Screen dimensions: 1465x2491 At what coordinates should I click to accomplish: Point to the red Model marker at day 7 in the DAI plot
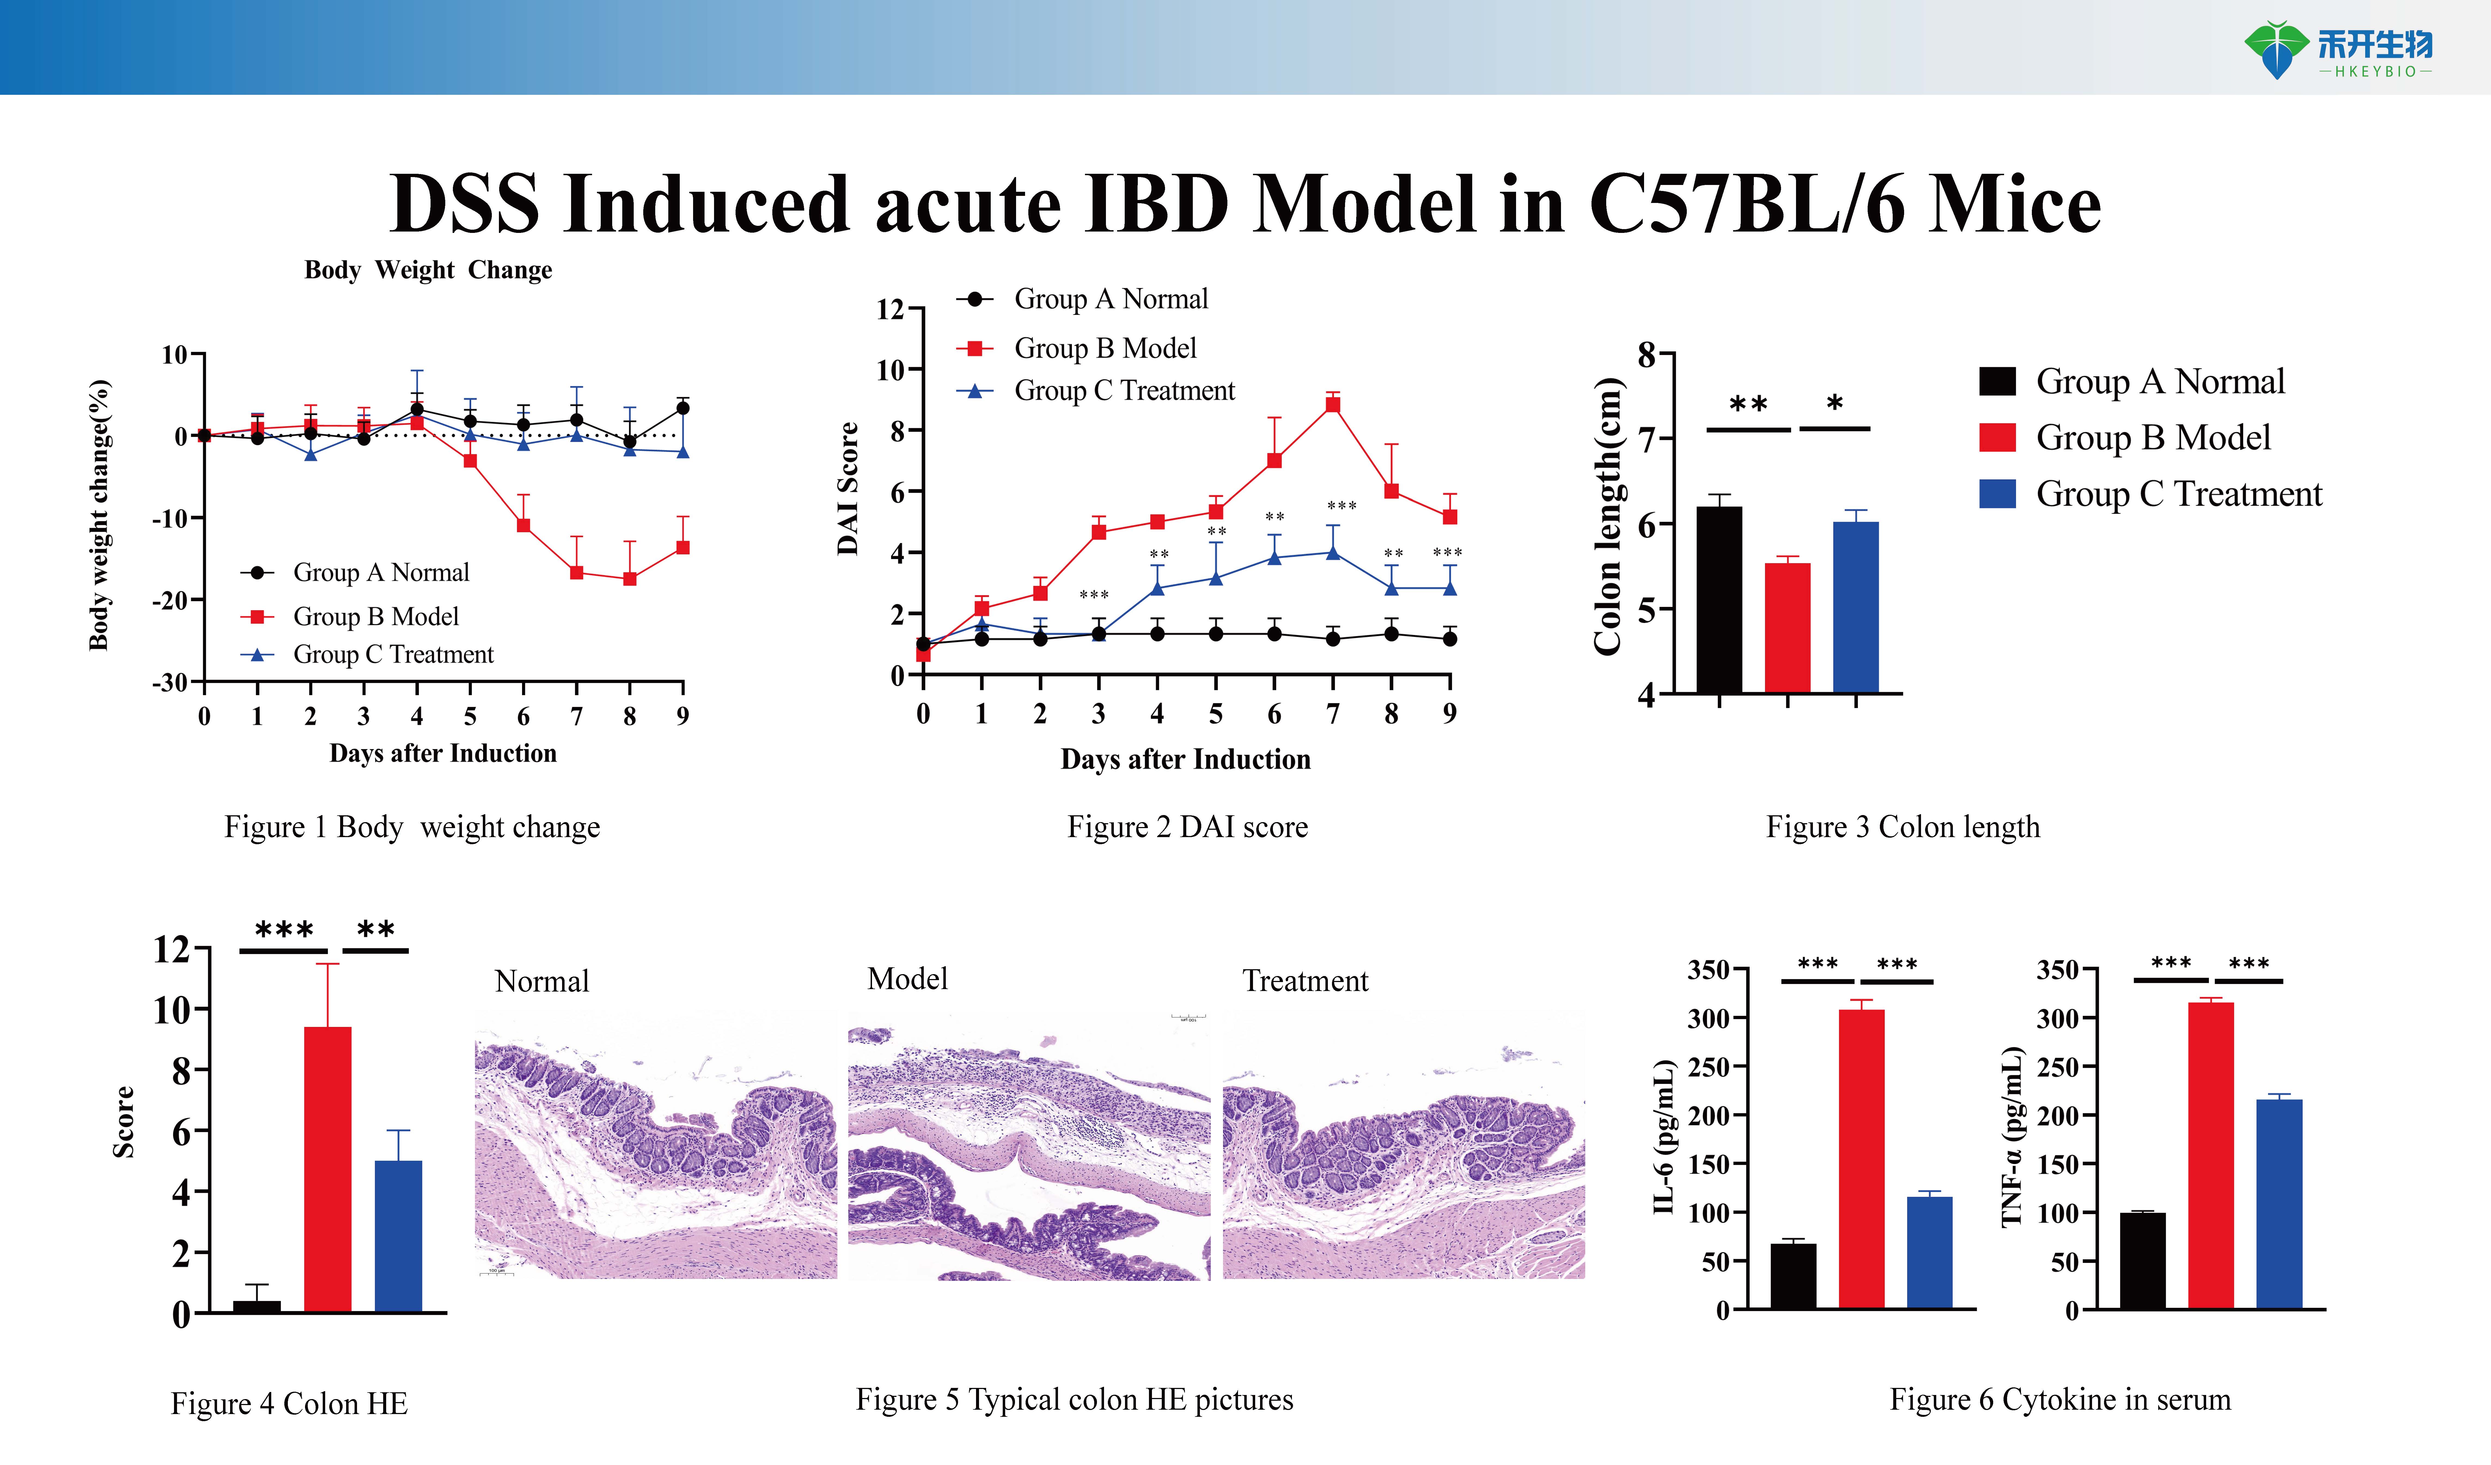point(1333,404)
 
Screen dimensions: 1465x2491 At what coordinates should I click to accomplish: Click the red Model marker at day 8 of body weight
point(630,578)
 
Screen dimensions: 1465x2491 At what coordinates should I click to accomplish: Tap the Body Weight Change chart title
point(428,270)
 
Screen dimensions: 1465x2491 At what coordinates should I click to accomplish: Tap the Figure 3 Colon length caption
point(1902,826)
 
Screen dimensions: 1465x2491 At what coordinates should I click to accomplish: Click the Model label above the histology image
point(906,979)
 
